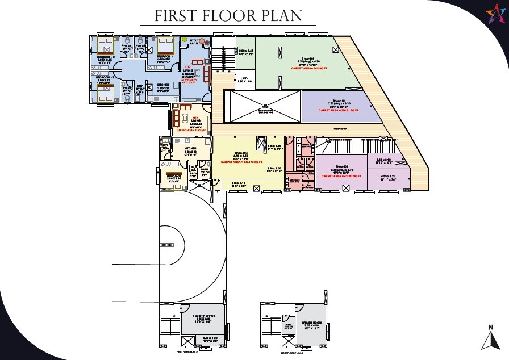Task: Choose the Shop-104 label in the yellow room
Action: click(x=242, y=153)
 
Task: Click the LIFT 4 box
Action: click(x=245, y=80)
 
